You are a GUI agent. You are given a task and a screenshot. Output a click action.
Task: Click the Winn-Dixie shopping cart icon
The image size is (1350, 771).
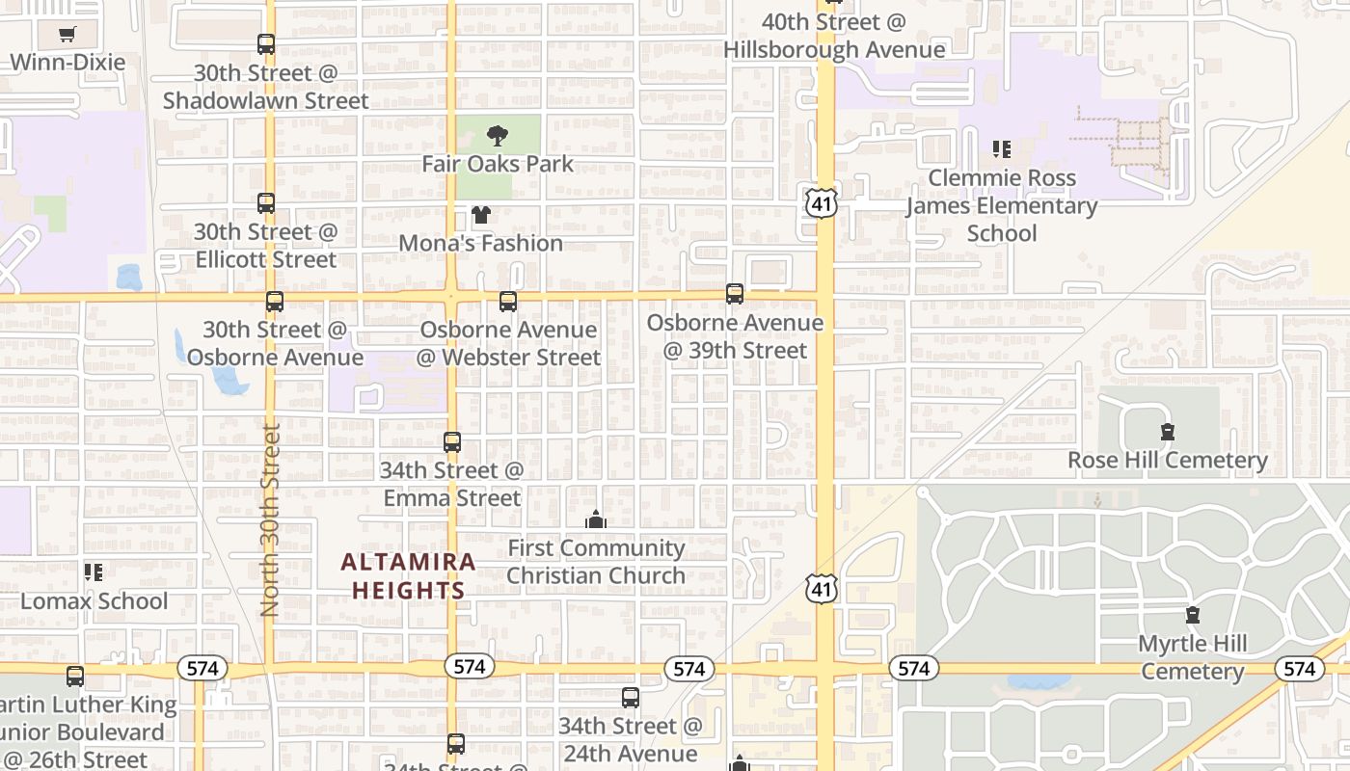67,35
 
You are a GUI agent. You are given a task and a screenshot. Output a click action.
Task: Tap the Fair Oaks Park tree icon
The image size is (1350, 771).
498,135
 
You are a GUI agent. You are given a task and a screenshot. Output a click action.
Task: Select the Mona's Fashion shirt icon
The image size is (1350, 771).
480,215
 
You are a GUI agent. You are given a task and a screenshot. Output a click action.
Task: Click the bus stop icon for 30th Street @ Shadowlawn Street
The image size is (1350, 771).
266,44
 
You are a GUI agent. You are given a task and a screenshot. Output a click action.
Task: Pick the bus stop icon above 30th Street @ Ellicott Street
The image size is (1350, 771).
266,203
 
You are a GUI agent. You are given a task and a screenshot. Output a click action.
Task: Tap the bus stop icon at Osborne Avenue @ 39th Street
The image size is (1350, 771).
735,294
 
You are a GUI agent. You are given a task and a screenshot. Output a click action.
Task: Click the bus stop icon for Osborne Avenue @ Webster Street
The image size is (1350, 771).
508,302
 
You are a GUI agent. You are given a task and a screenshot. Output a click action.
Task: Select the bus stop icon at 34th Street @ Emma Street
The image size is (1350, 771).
452,442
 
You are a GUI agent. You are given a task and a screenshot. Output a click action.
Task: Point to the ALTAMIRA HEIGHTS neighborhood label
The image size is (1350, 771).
408,575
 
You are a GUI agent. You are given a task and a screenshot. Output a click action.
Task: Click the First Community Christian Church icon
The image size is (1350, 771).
596,520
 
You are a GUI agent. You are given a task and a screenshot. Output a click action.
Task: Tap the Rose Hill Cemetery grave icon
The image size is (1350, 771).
1168,432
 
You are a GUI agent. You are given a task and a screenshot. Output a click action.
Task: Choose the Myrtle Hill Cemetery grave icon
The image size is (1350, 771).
1193,615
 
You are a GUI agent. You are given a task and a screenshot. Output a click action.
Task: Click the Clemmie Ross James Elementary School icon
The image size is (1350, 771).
1002,149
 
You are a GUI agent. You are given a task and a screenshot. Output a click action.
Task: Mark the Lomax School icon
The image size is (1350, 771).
94,572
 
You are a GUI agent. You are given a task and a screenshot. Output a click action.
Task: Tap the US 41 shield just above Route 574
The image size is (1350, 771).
823,588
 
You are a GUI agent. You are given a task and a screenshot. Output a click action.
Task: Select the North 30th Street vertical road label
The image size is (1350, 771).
271,520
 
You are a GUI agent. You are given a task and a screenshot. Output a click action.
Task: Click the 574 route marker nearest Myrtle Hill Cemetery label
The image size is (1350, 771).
1298,669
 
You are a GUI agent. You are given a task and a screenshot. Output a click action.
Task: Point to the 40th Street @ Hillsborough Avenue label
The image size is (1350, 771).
834,36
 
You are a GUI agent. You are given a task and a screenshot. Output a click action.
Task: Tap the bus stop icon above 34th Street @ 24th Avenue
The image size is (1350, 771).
631,697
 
